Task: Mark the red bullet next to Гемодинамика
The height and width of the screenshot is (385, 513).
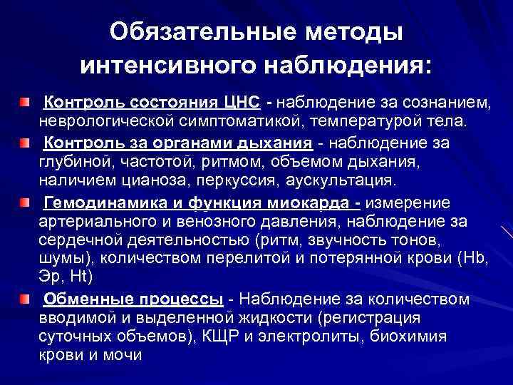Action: [25, 203]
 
